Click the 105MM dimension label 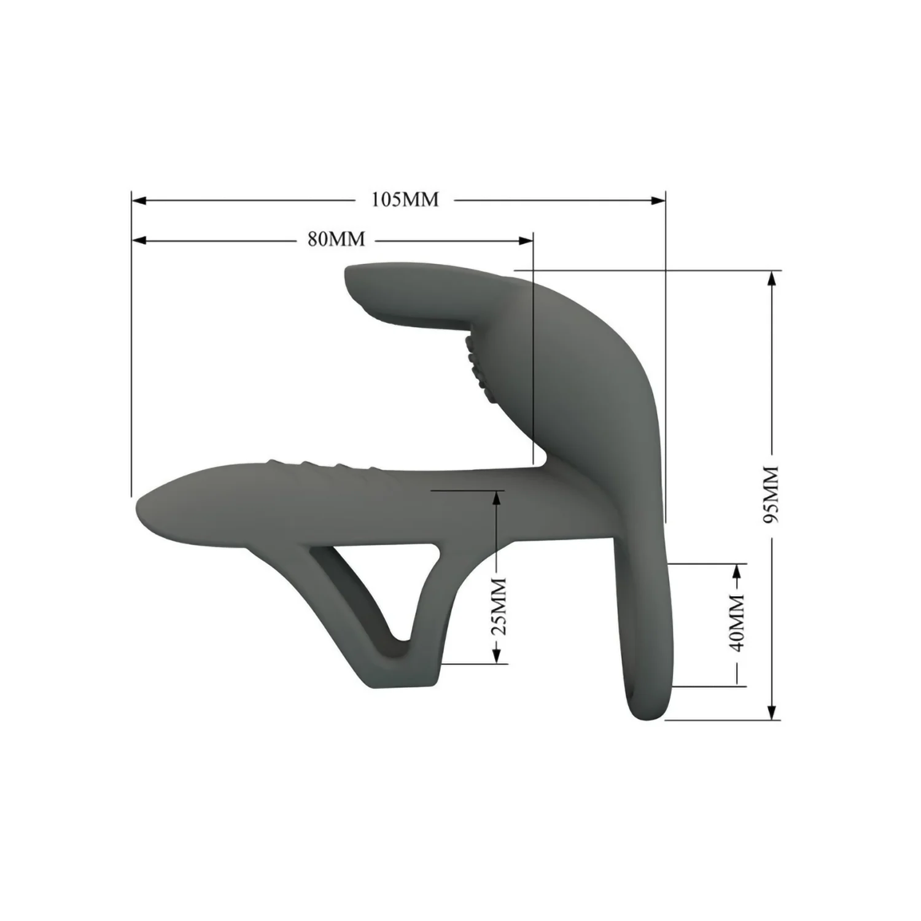click(405, 200)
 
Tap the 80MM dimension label click(336, 239)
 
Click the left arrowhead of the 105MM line click(139, 200)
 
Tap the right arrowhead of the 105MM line click(658, 200)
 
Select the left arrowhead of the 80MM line click(139, 239)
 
